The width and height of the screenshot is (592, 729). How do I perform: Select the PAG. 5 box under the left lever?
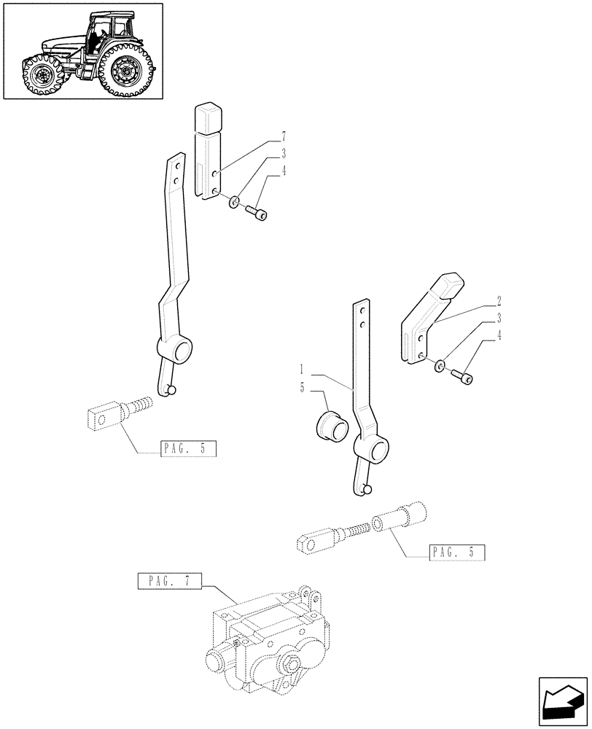click(x=188, y=449)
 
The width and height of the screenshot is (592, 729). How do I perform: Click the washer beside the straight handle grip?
click(x=233, y=201)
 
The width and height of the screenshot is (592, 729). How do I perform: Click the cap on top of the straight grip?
click(x=208, y=117)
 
